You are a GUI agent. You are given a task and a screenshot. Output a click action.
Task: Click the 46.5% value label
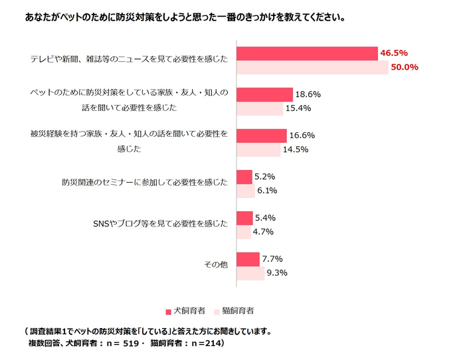click(394, 52)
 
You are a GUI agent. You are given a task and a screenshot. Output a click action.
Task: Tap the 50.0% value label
click(404, 66)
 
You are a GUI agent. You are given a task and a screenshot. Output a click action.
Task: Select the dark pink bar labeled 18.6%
click(264, 95)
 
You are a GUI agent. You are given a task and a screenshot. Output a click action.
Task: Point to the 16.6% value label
click(302, 135)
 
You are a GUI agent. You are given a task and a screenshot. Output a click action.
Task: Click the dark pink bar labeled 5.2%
click(244, 177)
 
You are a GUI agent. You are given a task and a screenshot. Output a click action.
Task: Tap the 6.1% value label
click(267, 191)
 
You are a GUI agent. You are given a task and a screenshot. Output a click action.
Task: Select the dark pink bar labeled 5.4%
click(244, 218)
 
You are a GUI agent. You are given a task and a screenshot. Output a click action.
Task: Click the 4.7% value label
click(263, 232)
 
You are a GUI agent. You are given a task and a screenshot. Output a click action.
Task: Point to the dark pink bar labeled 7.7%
click(248, 259)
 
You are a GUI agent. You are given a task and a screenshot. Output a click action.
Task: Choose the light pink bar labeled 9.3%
click(250, 273)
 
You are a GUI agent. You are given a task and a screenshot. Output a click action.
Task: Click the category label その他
click(217, 265)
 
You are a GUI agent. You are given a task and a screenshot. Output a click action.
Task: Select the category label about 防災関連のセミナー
click(145, 183)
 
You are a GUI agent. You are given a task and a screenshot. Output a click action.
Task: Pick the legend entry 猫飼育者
click(234, 310)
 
